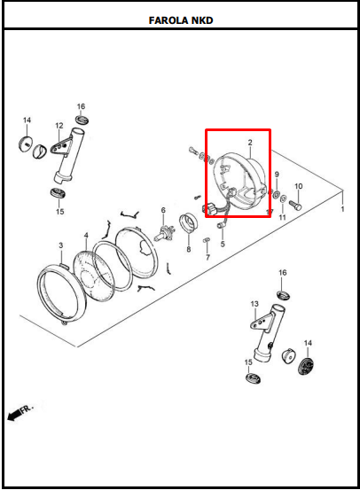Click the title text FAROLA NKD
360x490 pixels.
181,20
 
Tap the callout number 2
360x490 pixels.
250,143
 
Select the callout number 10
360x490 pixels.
299,186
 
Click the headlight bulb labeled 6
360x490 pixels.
164,233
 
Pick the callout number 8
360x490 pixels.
189,249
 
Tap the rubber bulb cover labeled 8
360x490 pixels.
189,222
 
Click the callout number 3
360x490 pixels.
61,245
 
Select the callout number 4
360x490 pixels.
86,235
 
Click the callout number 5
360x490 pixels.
223,244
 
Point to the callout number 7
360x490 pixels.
208,258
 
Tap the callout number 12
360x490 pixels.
59,126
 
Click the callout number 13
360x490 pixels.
254,304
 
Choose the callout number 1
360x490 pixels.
342,209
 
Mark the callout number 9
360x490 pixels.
277,175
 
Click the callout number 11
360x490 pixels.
283,217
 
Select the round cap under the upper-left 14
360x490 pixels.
26,144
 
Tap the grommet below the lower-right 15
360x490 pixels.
253,378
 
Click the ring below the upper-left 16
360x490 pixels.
82,120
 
